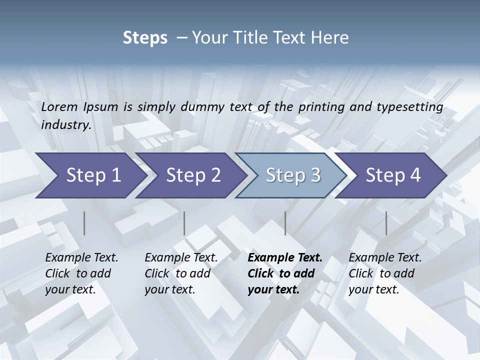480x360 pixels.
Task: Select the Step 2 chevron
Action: pos(192,175)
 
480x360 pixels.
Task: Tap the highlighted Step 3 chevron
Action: pos(292,175)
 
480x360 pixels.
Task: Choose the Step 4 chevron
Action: pos(392,175)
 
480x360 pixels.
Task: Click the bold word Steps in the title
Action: pos(145,38)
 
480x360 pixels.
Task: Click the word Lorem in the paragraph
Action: pos(59,106)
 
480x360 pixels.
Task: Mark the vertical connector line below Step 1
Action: pos(84,223)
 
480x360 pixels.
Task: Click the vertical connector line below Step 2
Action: pos(184,223)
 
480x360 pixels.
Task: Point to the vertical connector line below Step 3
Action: pos(285,223)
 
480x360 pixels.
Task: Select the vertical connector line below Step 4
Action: pos(386,223)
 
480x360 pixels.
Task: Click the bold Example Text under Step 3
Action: pos(285,258)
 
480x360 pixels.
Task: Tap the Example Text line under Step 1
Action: pos(81,258)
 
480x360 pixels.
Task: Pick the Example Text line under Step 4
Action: pos(385,258)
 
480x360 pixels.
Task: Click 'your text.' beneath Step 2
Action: pos(169,289)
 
